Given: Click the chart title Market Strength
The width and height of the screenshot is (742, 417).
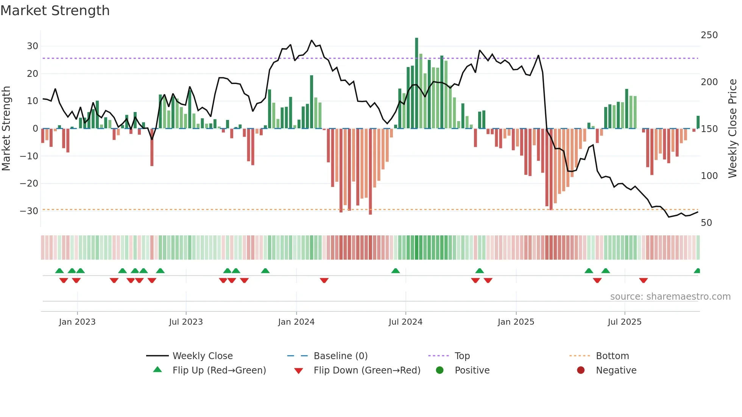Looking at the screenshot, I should point(55,11).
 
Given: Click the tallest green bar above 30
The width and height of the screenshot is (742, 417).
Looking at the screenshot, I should point(416,83).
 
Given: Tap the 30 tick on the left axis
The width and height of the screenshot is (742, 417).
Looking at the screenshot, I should point(33,46).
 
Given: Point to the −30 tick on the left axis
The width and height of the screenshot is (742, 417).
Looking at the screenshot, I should point(29,211).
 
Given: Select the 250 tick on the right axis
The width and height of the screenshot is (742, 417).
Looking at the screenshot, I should point(709,35).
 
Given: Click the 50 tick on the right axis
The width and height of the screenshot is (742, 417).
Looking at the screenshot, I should point(706,223).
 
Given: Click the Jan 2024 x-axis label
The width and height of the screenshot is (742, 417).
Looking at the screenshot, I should point(296,322).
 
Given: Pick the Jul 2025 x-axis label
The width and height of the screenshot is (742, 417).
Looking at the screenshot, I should point(624,322).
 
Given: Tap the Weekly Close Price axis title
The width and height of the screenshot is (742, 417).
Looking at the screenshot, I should point(733,129).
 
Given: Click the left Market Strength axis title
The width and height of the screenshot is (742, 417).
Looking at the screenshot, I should point(6,129).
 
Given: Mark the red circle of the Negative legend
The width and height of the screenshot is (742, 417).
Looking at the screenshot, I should point(581,370).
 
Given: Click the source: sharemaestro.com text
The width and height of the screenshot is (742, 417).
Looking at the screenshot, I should point(670,297).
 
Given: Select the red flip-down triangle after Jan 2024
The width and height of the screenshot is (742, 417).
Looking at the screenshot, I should point(324,280).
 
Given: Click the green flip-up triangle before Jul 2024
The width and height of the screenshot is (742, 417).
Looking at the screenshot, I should point(395,271).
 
